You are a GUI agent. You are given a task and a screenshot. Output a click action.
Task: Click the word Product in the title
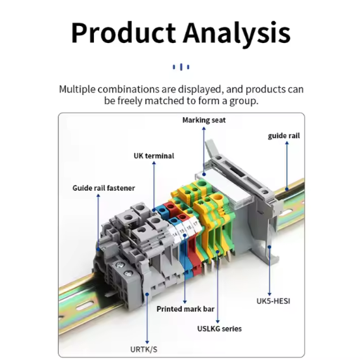coord(123,33)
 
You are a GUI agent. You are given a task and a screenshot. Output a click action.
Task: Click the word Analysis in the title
coord(237,35)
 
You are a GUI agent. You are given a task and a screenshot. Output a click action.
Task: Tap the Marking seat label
coord(204,120)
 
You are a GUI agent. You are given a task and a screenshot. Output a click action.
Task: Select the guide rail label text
coord(284,135)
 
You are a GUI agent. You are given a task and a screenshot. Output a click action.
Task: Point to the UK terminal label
coord(154,156)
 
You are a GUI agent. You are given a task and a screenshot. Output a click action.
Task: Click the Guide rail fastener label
coord(104,188)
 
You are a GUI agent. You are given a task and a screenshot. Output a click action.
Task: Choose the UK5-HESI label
coord(273,301)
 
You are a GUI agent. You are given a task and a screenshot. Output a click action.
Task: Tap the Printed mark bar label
coord(186,309)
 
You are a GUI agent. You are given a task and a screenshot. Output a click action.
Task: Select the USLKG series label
coord(219,329)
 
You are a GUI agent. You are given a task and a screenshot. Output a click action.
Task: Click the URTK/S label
coord(144,350)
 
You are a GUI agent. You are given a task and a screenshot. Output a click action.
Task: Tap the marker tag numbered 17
coord(196,224)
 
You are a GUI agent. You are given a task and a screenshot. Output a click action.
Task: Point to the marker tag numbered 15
coord(182,230)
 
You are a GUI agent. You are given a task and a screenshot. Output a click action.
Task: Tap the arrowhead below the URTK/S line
coord(147,342)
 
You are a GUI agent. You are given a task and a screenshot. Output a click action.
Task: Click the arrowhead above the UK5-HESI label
coord(269,294)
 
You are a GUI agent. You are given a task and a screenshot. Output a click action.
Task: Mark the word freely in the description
coord(130,101)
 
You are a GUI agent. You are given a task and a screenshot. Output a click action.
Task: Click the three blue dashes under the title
coord(181,67)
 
